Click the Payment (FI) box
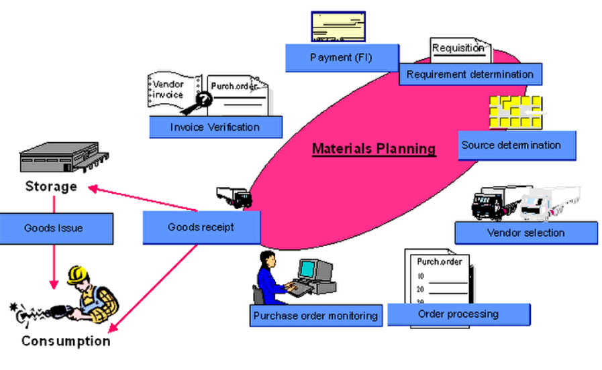(x=340, y=58)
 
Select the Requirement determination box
(x=470, y=74)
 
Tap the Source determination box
(x=511, y=145)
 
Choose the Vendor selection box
(x=525, y=233)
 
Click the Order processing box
(x=458, y=314)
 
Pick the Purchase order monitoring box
(x=315, y=315)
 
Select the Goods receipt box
(x=201, y=227)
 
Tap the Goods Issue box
(x=53, y=228)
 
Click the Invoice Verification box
(x=215, y=127)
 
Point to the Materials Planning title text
(x=374, y=148)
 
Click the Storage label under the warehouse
(x=51, y=186)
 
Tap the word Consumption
(x=66, y=341)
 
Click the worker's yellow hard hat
(x=78, y=273)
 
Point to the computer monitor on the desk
(x=308, y=269)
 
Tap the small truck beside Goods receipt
(x=234, y=196)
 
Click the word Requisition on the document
(x=458, y=48)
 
